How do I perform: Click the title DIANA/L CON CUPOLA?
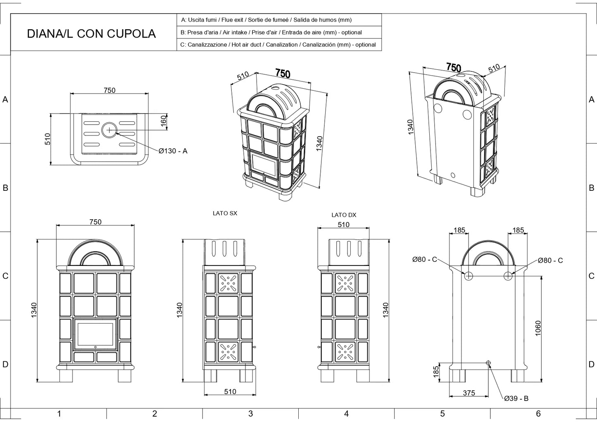[91, 33]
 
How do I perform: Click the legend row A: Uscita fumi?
[266, 20]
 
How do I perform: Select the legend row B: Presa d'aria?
[271, 32]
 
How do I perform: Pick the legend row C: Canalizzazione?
[278, 45]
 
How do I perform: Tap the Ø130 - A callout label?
[173, 151]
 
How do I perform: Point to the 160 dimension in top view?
[164, 121]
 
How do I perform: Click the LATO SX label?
[225, 213]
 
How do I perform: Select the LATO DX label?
[343, 215]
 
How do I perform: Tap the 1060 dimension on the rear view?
[538, 328]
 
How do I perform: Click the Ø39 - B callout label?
[516, 398]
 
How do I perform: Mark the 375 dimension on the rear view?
[469, 393]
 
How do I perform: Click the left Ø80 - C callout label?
[424, 259]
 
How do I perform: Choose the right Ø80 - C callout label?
[550, 260]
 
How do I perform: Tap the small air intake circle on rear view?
[488, 363]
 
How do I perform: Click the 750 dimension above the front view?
[95, 222]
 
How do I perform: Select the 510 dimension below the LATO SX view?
[230, 391]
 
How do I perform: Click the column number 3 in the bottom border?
[250, 414]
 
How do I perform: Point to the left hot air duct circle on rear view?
[469, 276]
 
